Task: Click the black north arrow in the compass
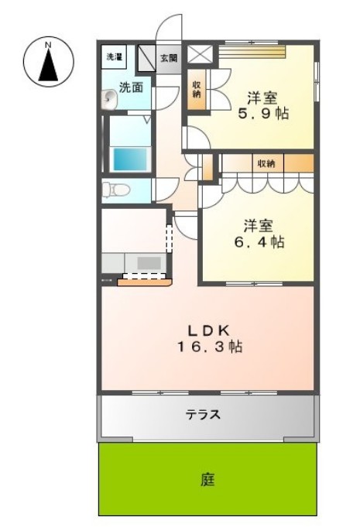[x=49, y=66]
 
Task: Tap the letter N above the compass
[x=49, y=44]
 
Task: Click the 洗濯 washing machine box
[x=114, y=56]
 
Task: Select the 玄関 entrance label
[x=169, y=58]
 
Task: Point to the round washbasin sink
[x=108, y=99]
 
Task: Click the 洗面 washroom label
[x=131, y=87]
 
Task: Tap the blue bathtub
[x=131, y=159]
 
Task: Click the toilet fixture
[x=115, y=190]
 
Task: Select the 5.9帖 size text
[x=263, y=114]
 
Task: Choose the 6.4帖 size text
[x=259, y=241]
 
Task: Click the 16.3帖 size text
[x=210, y=347]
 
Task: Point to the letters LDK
[x=208, y=331]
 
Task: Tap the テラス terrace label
[x=204, y=415]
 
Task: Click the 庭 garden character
[x=207, y=479]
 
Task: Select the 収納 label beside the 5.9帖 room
[x=197, y=89]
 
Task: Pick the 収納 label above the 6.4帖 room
[x=266, y=163]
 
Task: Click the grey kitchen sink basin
[x=149, y=262]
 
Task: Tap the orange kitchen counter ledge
[x=145, y=282]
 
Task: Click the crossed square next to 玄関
[x=200, y=53]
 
